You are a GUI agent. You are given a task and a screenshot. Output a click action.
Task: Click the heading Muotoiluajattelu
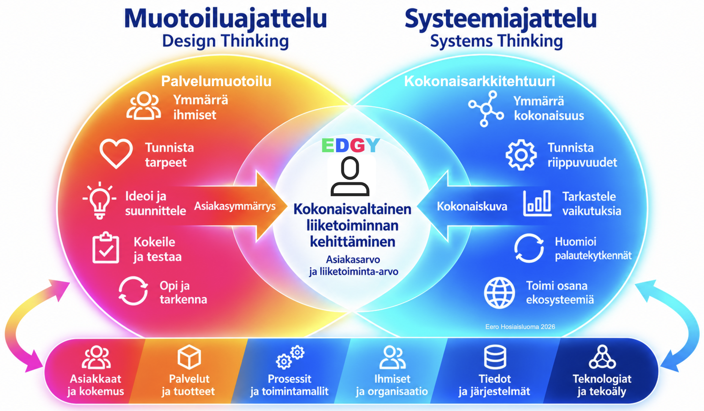pos(226,19)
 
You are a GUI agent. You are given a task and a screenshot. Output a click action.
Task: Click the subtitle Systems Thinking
pos(496,41)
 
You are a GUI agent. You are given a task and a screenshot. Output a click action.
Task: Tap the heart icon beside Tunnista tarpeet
pos(116,153)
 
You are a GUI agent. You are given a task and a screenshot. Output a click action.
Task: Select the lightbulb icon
pos(100,200)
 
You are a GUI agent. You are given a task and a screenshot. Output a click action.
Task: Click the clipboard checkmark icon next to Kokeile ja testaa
pos(106,248)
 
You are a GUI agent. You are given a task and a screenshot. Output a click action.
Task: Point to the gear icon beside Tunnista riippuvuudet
pos(521,155)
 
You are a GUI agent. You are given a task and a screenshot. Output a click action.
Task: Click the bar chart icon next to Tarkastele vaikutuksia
pos(537,203)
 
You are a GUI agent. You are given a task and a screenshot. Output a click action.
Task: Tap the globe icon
pos(499,293)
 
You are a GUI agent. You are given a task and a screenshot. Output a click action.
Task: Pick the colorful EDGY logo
pos(351,145)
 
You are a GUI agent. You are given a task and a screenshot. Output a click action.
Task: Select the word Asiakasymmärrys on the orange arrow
pos(235,206)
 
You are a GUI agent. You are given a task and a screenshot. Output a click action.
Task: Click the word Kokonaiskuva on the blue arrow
pos(472,207)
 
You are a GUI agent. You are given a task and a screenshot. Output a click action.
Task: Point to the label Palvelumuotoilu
pos(216,81)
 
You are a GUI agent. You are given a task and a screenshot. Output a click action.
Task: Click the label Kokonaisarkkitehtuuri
pos(479,81)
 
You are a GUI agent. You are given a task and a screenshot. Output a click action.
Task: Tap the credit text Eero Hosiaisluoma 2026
pos(520,327)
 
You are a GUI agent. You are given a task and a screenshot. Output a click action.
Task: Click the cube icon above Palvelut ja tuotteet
pos(189,357)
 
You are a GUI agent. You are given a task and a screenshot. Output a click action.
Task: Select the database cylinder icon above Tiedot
pos(495,357)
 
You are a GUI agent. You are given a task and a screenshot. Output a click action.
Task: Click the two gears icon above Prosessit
pos(290,357)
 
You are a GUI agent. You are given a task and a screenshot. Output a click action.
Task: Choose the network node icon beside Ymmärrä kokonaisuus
pos(486,109)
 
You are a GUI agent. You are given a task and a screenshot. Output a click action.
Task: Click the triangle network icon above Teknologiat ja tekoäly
pos(602,357)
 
